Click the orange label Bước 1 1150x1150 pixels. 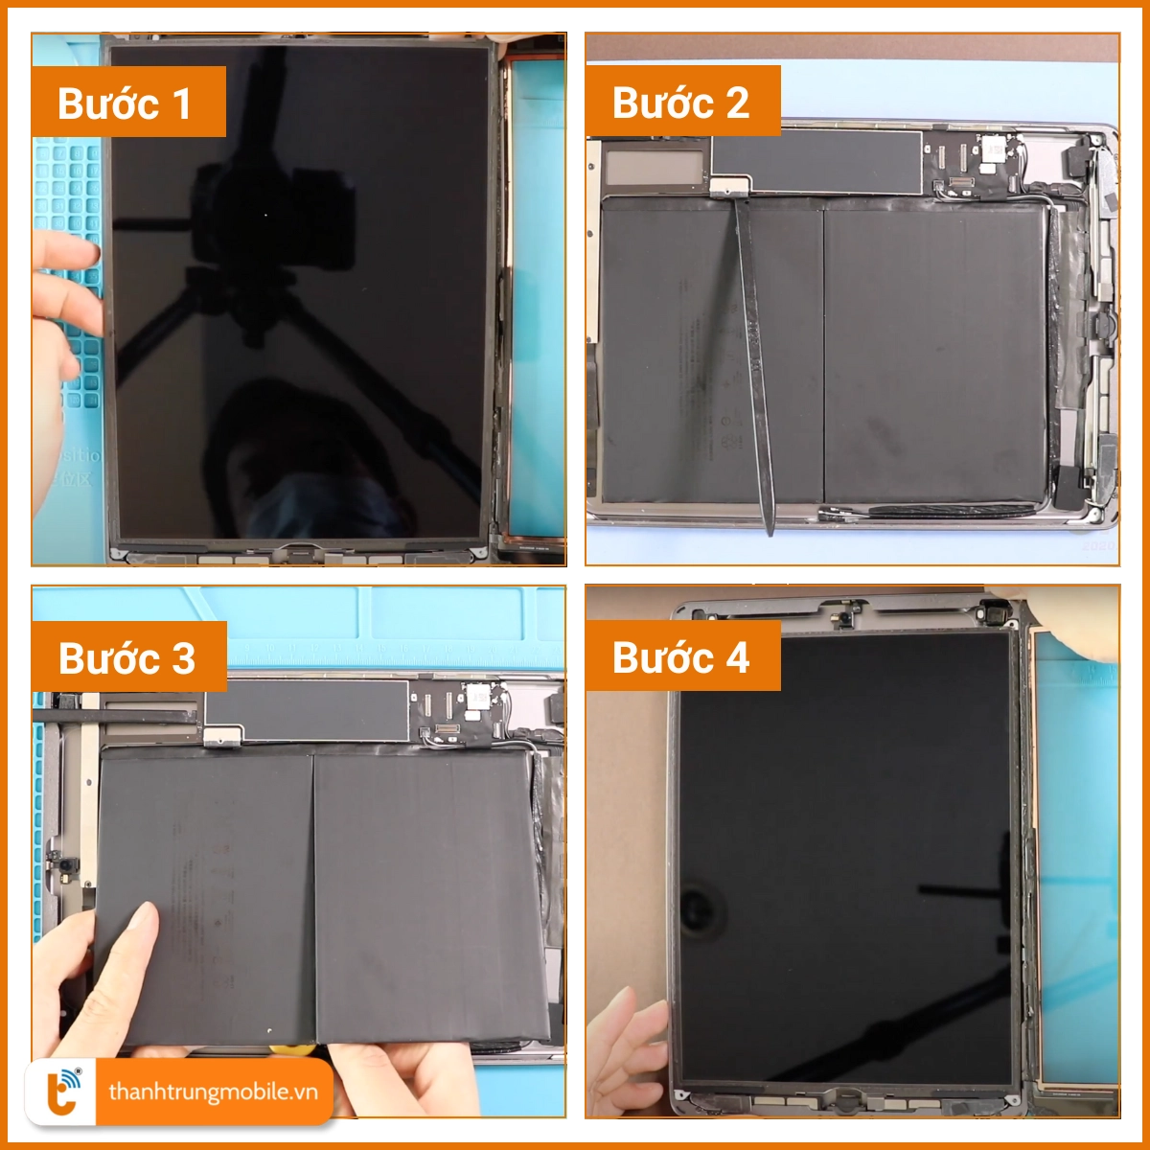point(128,103)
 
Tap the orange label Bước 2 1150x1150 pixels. point(682,102)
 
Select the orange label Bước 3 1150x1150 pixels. point(128,657)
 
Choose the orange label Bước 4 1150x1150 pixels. point(682,657)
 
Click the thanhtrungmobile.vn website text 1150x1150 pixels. point(213,1092)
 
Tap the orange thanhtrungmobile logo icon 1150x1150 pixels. point(63,1091)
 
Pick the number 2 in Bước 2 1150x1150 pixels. point(737,103)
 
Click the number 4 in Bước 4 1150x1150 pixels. point(737,658)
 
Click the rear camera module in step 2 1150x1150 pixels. point(993,149)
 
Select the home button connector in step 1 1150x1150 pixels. point(299,552)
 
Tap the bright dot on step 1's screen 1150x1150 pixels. point(265,215)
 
